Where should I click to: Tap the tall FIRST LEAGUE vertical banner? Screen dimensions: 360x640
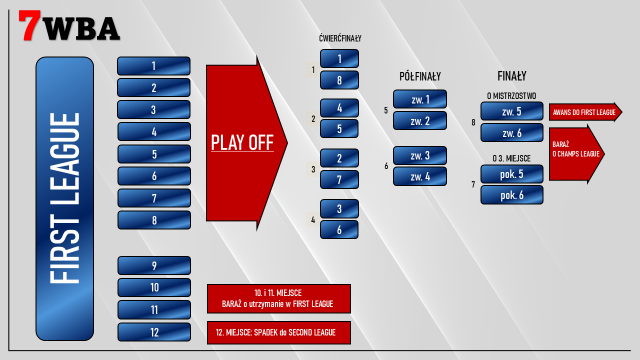pos(64,198)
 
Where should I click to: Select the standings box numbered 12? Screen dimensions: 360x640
pos(154,332)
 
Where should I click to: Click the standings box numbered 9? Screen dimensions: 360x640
pos(154,265)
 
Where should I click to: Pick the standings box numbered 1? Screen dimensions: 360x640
pos(153,66)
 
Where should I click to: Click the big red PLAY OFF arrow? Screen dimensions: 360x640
pos(242,143)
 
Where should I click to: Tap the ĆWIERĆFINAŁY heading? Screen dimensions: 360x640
pos(340,38)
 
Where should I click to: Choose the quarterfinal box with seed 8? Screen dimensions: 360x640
pos(339,80)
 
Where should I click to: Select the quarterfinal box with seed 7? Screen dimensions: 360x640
pos(339,179)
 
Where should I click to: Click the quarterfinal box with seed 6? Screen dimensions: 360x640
pos(339,229)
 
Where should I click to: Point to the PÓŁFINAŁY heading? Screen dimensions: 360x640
pos(420,76)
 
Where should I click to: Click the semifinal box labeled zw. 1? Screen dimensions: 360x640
pos(420,99)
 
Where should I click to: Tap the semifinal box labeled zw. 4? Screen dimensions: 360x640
pos(420,176)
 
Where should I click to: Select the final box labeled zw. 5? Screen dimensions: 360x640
pos(511,111)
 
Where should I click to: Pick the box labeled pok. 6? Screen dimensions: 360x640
pos(511,195)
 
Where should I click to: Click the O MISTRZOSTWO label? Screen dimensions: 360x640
pos(511,95)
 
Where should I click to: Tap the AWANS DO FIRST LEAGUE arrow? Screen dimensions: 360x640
pos(584,112)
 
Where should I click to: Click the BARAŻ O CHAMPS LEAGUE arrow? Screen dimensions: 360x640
pos(575,154)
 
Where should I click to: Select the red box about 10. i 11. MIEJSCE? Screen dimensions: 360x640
pos(278,298)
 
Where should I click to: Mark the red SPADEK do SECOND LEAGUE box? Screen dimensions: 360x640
pos(278,332)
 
